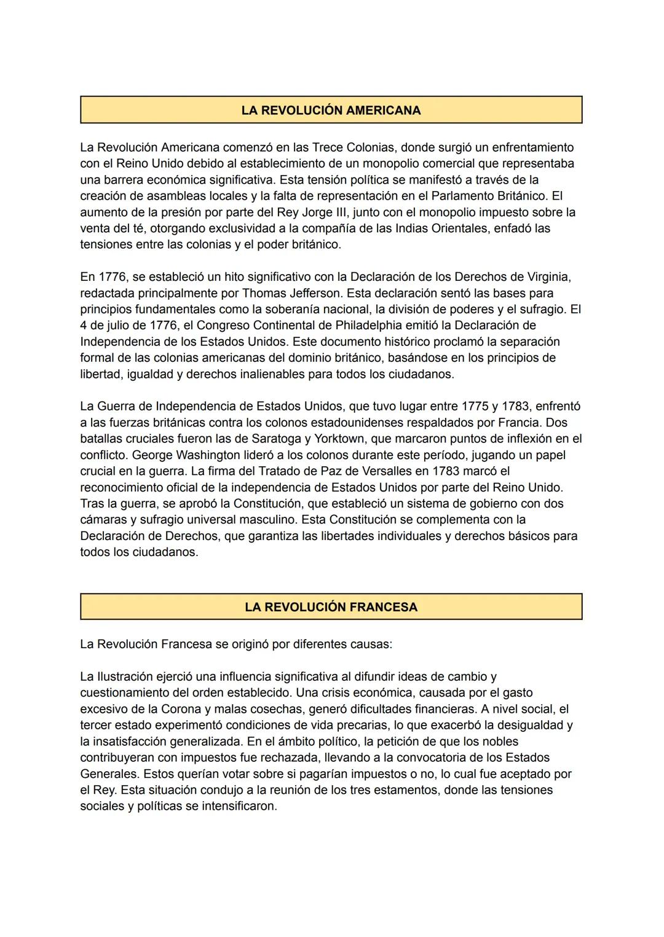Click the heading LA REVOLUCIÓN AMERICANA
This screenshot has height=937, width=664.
tap(331, 111)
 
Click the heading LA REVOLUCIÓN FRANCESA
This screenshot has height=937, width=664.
tap(331, 607)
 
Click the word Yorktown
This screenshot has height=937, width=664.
tap(340, 439)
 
